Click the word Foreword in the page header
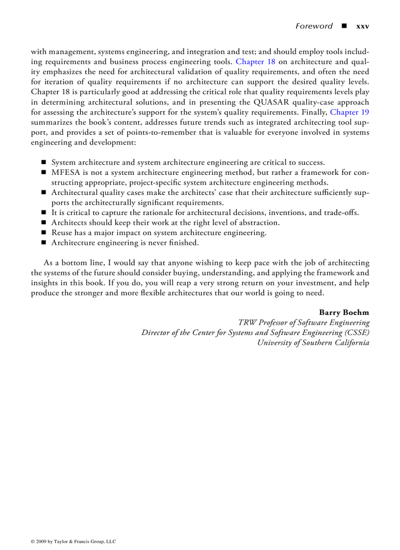click(314, 26)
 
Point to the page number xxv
click(363, 26)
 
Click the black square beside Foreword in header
click(344, 26)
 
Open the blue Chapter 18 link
click(255, 62)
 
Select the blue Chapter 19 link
click(350, 112)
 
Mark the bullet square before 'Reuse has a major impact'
click(43, 233)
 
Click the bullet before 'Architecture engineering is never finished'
click(43, 243)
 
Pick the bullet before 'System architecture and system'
click(43, 162)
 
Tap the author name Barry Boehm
click(344, 312)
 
